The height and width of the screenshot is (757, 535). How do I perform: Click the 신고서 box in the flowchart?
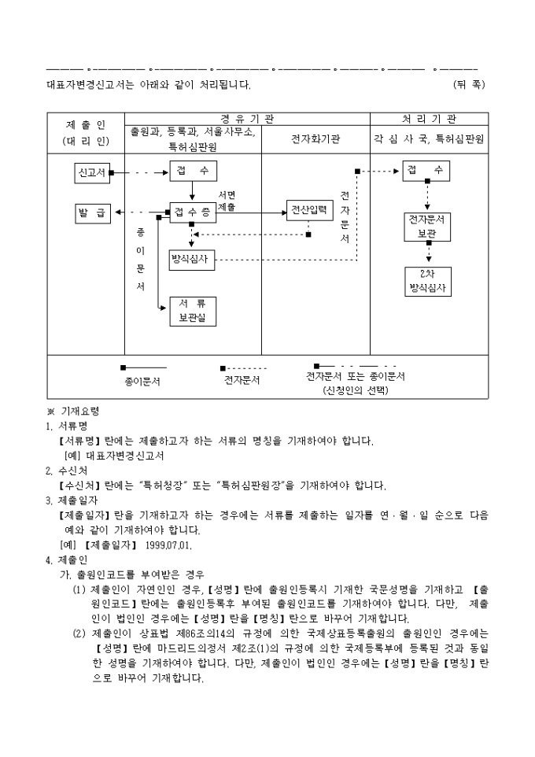tap(92, 172)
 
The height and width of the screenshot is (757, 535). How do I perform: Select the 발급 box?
tap(92, 213)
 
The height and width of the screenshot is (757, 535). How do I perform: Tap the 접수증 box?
tap(192, 212)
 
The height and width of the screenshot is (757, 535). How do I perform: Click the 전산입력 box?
tap(309, 210)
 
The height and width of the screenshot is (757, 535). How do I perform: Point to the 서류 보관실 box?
tap(192, 312)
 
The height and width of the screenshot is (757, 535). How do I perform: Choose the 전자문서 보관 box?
tap(427, 227)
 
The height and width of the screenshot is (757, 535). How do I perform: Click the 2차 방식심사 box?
tap(427, 281)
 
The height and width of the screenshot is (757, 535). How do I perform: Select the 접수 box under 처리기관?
tap(426, 171)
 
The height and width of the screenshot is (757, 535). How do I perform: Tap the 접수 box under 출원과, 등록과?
tap(193, 171)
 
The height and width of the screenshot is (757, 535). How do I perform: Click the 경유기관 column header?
tap(247, 119)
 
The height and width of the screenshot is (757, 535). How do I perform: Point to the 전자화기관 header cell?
tap(315, 139)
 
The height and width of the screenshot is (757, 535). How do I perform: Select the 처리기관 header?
tap(430, 119)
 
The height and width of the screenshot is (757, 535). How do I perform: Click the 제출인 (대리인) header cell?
tap(86, 133)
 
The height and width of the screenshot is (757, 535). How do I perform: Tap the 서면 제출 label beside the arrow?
tap(227, 201)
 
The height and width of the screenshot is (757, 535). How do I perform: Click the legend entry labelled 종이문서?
tap(142, 381)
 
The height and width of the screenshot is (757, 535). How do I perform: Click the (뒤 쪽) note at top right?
tap(469, 85)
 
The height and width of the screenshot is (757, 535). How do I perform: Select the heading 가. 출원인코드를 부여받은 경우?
tap(132, 575)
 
